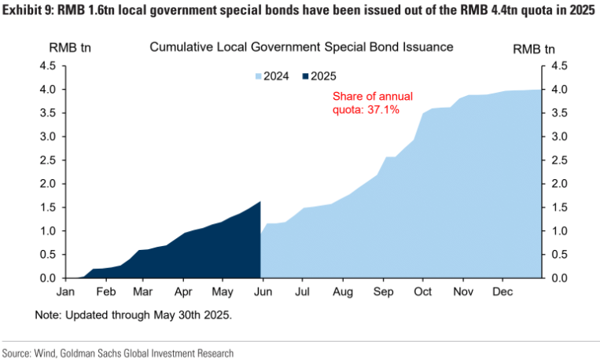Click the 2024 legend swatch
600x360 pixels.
258,76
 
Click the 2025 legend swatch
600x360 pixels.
304,76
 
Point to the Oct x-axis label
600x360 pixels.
423,292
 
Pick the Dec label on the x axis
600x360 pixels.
502,292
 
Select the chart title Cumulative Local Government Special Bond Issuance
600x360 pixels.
301,47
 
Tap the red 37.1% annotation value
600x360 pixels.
385,110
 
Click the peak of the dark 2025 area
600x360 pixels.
259,202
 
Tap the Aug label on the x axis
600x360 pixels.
342,292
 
